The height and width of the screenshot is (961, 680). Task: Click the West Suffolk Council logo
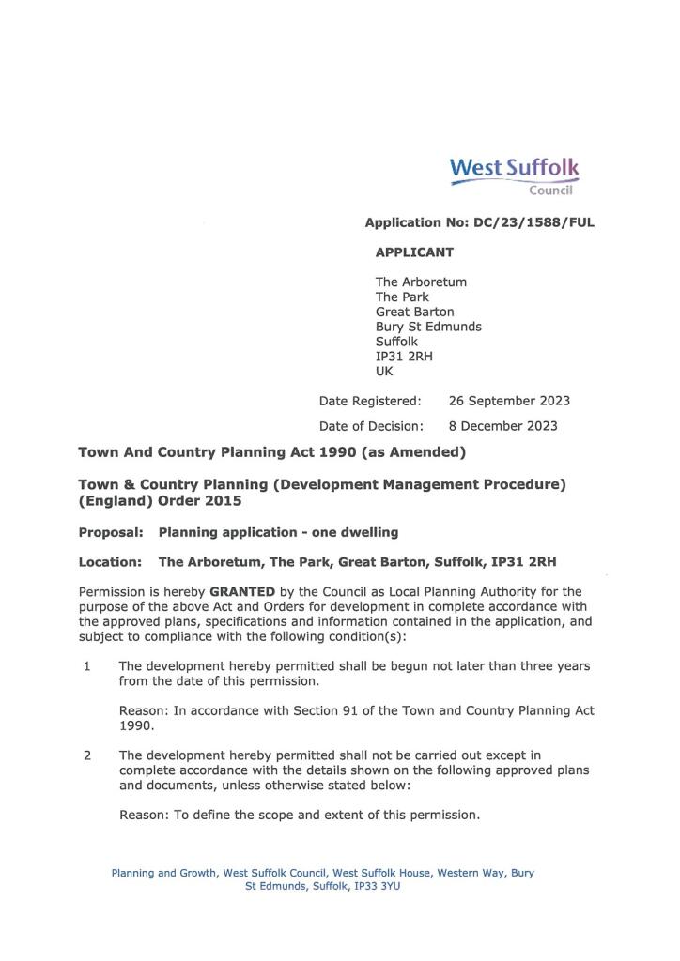tap(515, 175)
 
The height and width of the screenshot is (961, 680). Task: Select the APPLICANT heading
tap(414, 252)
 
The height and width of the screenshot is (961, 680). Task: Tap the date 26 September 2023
tap(509, 401)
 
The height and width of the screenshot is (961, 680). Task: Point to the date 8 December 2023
tap(502, 426)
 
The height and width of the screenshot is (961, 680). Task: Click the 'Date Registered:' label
tap(370, 401)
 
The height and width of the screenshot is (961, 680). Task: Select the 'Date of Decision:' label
tap(371, 426)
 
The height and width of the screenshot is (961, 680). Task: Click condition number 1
tap(86, 666)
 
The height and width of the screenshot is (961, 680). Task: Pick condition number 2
tap(86, 755)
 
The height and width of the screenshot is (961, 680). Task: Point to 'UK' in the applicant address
tap(384, 372)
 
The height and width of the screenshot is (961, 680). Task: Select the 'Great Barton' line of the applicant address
tap(414, 312)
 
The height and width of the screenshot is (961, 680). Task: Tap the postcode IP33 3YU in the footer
tap(381, 886)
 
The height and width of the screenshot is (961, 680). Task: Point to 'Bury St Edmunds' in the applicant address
tap(428, 327)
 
